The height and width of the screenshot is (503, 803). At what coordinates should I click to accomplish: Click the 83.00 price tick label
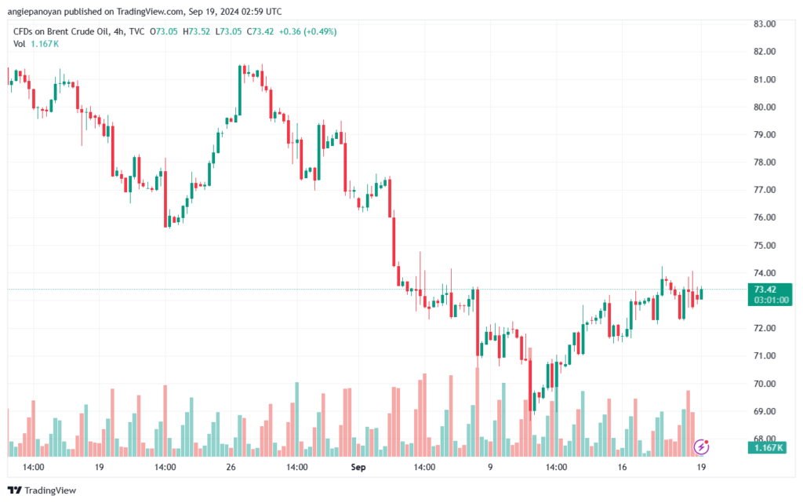click(x=765, y=24)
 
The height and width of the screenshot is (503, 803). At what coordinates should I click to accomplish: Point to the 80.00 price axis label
click(x=765, y=107)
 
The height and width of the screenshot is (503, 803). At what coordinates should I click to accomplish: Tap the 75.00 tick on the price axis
click(x=765, y=246)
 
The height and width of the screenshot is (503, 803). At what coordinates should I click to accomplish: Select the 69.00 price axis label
click(x=765, y=411)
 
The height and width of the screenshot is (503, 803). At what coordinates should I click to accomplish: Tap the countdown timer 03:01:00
click(x=771, y=300)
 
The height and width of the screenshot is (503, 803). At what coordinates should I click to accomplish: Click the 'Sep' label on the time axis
click(x=358, y=467)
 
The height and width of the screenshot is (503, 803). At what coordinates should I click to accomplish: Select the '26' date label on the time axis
click(x=231, y=467)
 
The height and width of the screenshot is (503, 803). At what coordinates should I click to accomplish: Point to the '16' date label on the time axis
click(x=622, y=467)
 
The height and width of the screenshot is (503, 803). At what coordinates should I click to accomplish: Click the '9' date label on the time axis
click(x=490, y=467)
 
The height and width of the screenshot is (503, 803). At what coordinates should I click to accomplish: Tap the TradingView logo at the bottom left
click(x=43, y=490)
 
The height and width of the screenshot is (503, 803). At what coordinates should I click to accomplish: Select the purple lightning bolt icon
click(x=702, y=447)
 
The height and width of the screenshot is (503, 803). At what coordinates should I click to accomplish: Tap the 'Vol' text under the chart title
click(x=20, y=44)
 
